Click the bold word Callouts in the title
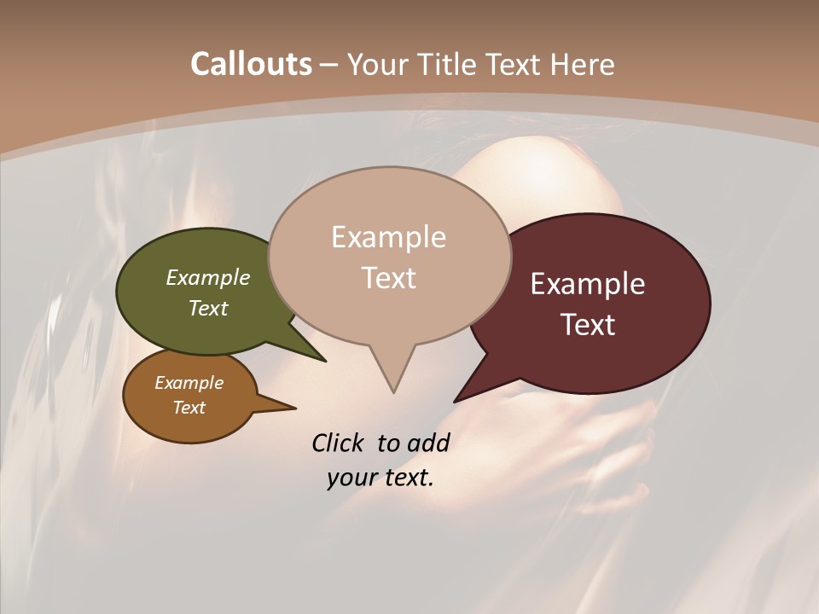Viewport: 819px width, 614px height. click(251, 64)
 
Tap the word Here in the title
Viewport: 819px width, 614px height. click(584, 65)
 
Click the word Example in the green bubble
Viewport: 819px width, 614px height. click(208, 277)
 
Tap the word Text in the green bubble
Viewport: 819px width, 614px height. click(208, 308)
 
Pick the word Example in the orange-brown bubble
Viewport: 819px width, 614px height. click(189, 383)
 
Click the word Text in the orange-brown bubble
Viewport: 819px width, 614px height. click(189, 408)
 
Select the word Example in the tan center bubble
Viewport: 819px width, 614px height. click(388, 237)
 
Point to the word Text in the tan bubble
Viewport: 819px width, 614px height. click(388, 278)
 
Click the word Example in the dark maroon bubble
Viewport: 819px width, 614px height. click(588, 284)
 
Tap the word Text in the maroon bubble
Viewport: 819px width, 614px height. click(588, 325)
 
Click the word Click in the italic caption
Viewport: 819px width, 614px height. click(339, 443)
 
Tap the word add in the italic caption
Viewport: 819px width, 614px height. click(428, 443)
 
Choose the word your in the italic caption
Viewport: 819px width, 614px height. click(351, 478)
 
